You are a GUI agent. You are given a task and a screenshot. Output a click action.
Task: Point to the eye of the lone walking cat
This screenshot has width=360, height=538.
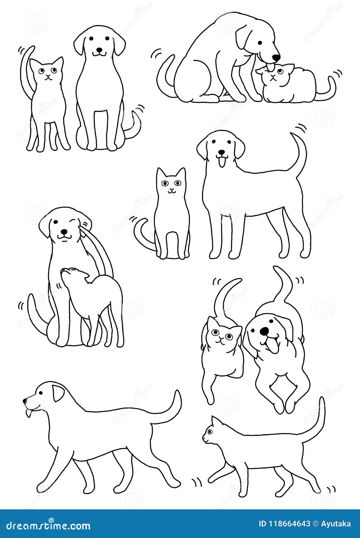point(209,432)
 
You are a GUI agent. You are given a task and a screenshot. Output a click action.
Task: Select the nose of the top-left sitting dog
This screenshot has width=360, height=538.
point(100,50)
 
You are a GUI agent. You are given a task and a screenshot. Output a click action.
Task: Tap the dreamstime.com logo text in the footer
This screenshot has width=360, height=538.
point(46,526)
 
